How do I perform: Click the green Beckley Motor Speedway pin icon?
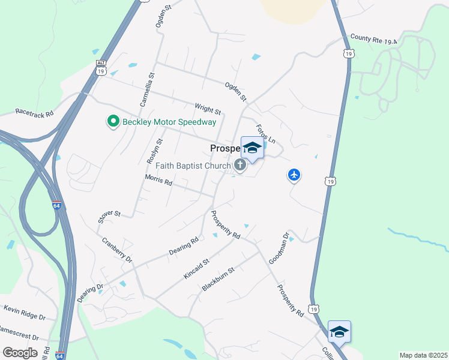coord(113,122)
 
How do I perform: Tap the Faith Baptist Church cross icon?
coord(240,166)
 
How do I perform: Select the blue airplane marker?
coord(294,175)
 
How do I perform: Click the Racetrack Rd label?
coord(34,112)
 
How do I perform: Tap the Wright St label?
coord(208,109)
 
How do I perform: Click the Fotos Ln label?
coord(265,134)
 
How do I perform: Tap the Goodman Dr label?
coord(281,248)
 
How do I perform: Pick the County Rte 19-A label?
coord(374,40)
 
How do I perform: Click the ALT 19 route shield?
coord(100,67)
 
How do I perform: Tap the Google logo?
coord(20,352)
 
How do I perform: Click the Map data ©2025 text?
coord(423,355)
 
